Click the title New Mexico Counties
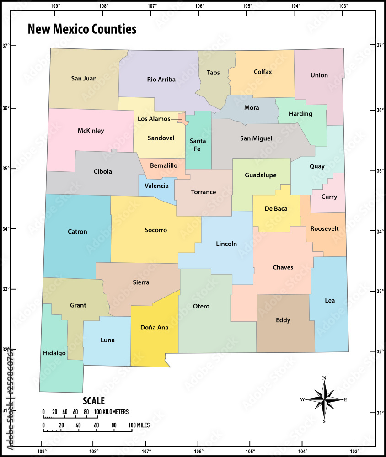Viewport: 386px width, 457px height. (x=82, y=29)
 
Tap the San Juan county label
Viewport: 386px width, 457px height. (x=84, y=79)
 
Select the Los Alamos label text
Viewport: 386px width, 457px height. (x=154, y=119)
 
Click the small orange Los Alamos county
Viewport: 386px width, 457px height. (x=182, y=118)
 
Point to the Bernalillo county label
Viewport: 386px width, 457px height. (x=164, y=165)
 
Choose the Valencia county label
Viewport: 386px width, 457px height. (x=156, y=186)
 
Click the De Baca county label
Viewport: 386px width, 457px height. (x=276, y=209)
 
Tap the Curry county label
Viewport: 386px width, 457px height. (x=329, y=197)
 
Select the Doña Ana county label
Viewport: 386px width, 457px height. (x=154, y=328)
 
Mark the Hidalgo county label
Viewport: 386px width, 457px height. (x=54, y=353)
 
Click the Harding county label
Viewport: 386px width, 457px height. (x=300, y=114)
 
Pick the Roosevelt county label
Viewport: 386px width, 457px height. (x=324, y=228)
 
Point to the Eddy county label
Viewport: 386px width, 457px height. (x=283, y=320)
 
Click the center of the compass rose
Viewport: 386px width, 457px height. (x=324, y=399)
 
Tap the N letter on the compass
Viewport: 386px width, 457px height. (x=324, y=378)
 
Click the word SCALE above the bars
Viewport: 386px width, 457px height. (x=94, y=401)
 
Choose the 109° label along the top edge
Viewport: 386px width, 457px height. (x=55, y=6)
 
